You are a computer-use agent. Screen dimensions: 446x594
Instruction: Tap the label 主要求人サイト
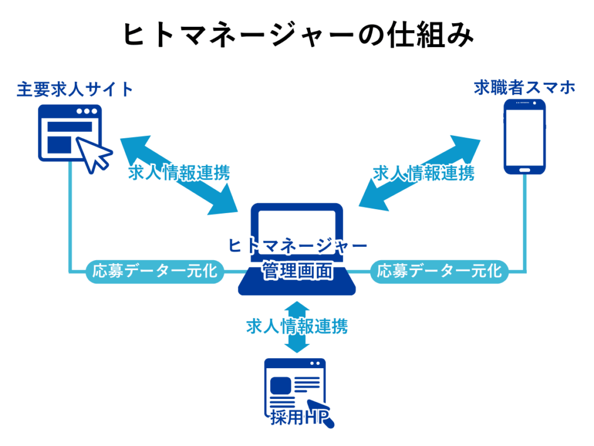click(75, 89)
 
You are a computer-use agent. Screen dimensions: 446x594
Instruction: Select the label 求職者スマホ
click(524, 88)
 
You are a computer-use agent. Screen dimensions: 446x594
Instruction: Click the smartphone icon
click(524, 137)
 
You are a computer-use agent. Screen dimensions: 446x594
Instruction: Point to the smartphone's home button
click(524, 170)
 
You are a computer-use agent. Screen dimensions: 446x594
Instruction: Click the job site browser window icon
click(68, 132)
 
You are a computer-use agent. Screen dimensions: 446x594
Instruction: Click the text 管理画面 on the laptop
click(297, 271)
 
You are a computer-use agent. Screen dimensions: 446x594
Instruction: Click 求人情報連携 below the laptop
click(297, 326)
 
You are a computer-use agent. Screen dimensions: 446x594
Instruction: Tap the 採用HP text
click(298, 418)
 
